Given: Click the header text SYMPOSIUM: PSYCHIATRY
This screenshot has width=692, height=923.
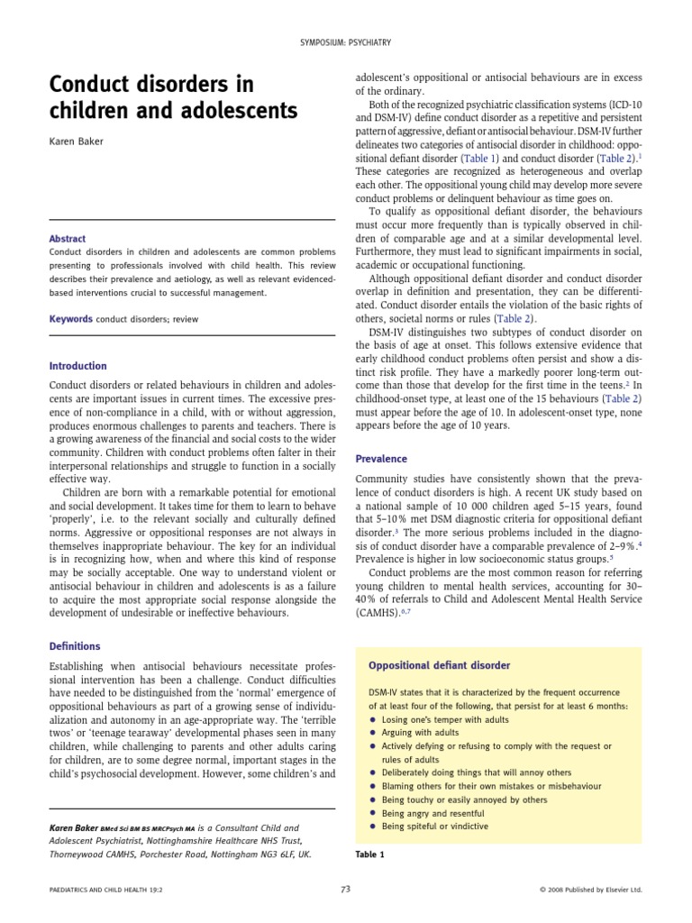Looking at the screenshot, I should click(346, 42).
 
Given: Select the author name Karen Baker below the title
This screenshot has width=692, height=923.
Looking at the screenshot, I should click(77, 142).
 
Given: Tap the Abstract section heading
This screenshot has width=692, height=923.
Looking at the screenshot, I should click(68, 239).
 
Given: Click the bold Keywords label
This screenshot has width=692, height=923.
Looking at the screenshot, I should click(71, 319).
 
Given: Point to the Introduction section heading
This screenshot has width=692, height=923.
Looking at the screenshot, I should click(77, 366).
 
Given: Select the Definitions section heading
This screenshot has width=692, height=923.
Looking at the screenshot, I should click(75, 646).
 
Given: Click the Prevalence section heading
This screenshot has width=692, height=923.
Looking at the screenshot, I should click(381, 458).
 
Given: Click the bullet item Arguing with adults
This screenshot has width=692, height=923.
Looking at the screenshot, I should click(420, 733).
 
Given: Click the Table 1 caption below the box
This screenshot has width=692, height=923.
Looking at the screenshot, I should click(369, 854).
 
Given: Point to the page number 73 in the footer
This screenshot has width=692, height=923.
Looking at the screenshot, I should click(345, 889).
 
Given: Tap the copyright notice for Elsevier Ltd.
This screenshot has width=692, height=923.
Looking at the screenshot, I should click(590, 890).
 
